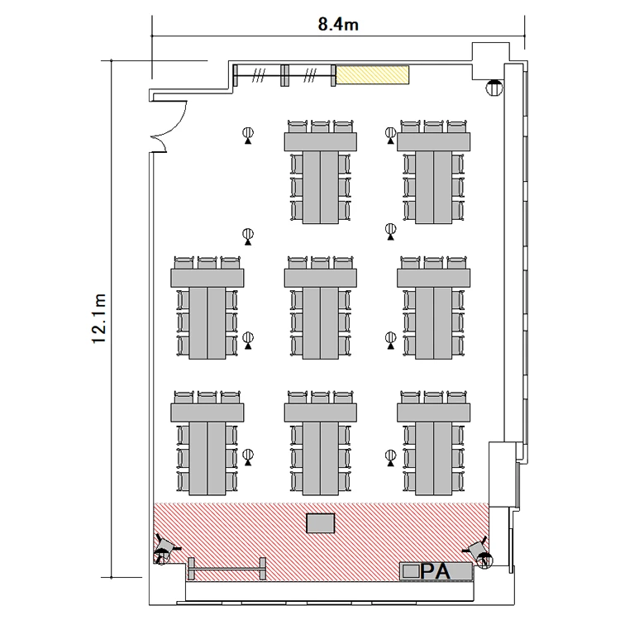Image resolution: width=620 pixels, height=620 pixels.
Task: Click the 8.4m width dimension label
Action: coord(338,25)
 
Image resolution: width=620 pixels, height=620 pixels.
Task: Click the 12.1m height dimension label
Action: coord(99,319)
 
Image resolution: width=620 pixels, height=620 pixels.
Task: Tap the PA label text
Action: coord(435,571)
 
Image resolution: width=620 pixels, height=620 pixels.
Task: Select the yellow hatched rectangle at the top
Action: coord(372,74)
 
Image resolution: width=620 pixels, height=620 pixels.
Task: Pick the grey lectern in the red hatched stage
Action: coord(321,523)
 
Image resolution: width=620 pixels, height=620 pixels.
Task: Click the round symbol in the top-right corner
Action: coord(494,88)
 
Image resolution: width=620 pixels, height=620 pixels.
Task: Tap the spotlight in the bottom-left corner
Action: coord(165,549)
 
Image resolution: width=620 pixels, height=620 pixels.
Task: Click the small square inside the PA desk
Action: coord(411,571)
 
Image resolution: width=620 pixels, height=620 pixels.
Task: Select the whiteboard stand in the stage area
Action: coord(227,569)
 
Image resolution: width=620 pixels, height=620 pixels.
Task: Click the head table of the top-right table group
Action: coord(434,142)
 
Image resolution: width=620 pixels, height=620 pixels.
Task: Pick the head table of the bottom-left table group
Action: coord(207,413)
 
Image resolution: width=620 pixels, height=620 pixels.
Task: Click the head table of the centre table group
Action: coord(320,278)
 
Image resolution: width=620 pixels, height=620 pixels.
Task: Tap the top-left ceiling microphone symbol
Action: coord(248,135)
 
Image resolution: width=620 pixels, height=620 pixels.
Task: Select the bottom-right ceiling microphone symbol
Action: coord(391,458)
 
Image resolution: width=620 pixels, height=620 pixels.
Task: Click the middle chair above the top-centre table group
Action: coord(320,126)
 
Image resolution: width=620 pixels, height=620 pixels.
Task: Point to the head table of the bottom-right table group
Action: coord(434,413)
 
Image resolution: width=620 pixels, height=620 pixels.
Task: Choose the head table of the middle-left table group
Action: coord(207,278)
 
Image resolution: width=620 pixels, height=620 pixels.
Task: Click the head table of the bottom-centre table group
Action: coord(320,413)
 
